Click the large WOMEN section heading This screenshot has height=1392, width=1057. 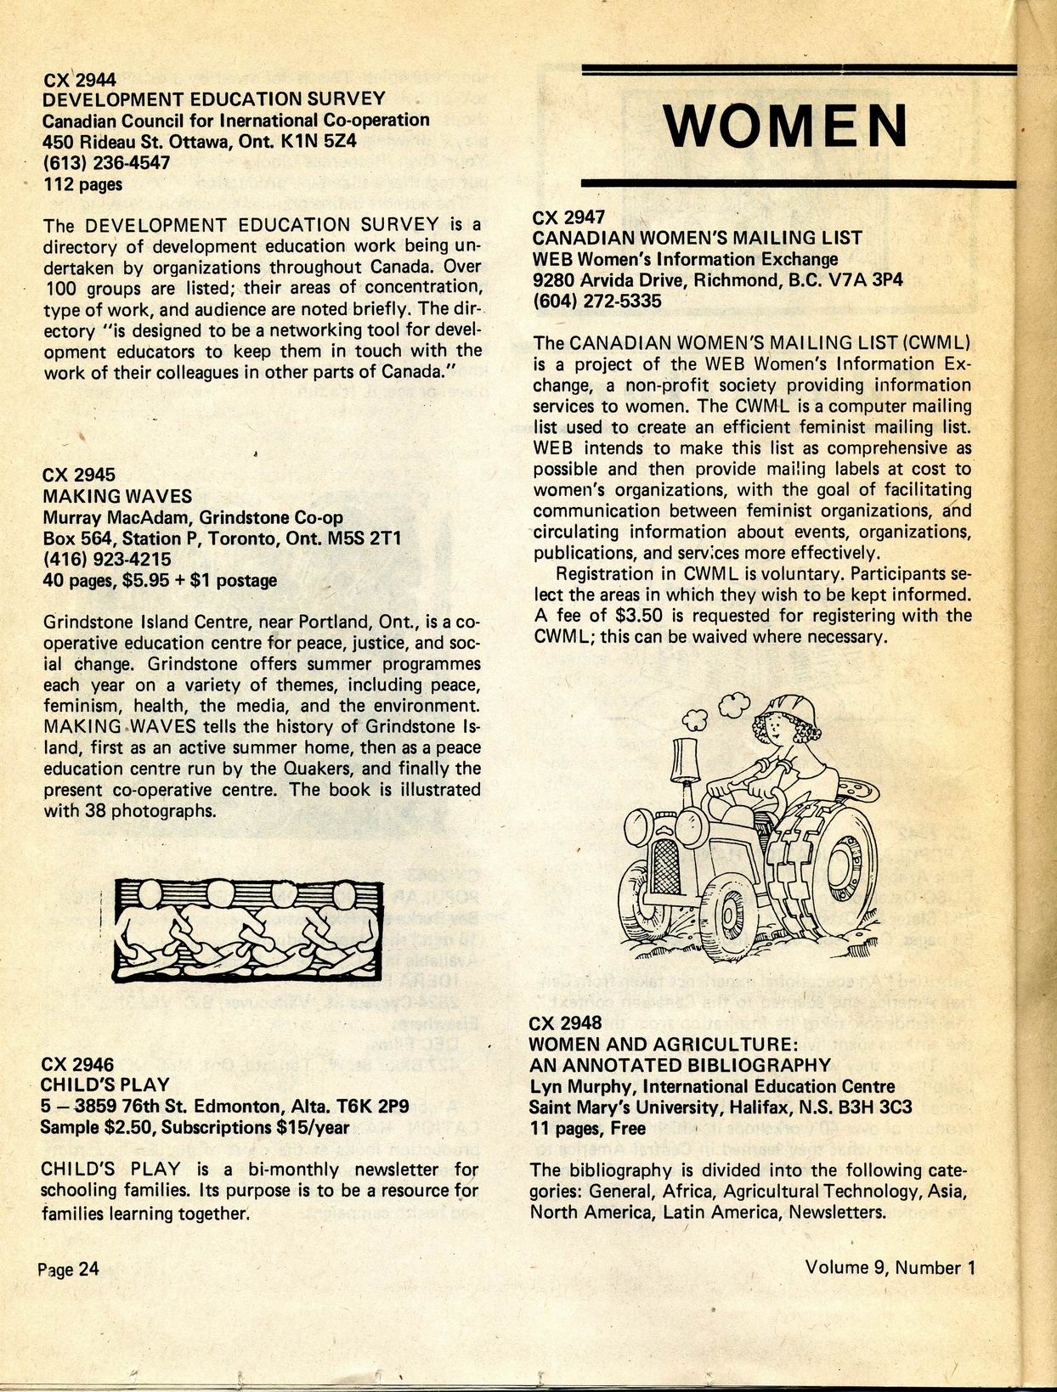coord(785,126)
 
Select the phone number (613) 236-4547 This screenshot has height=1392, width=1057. coord(106,162)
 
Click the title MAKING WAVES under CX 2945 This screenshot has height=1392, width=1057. coord(117,496)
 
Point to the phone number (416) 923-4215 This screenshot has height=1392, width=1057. coord(106,559)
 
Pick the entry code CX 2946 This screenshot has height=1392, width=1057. coord(77,1063)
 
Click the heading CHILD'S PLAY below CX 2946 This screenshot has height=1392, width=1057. coord(105,1085)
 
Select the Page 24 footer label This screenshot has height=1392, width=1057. coord(68,1269)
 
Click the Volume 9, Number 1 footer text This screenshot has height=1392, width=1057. coord(890,1267)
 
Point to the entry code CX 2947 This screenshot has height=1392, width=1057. coord(568,217)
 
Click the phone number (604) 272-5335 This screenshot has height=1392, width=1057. coord(596,301)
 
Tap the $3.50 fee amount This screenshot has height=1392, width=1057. coord(655,615)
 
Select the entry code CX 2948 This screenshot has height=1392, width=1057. coord(565,1023)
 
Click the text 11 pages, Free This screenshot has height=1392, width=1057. coord(587,1129)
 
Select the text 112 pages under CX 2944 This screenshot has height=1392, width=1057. coord(82,183)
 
